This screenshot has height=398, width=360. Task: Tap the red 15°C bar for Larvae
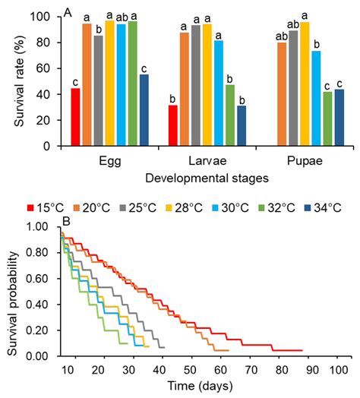[x=173, y=125]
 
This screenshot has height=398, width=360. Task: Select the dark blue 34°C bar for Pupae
[x=339, y=118]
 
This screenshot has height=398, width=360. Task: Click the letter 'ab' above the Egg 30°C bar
[x=120, y=16]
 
